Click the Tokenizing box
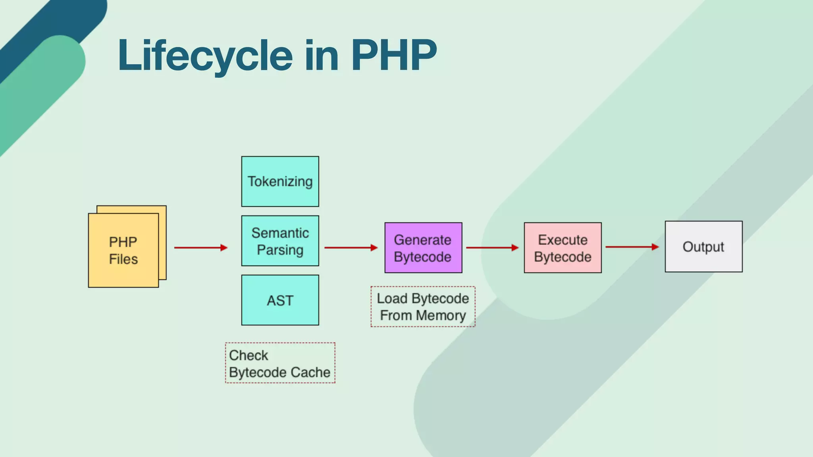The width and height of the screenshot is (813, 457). pos(280,181)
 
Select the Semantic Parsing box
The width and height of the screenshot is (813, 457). pos(280,241)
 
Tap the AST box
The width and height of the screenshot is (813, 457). pos(280,300)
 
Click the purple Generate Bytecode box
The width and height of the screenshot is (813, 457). pos(423,248)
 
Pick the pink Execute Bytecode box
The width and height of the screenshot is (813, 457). pos(563,248)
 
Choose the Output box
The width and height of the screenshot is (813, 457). pos(703,246)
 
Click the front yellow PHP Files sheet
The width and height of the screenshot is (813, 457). pos(123,250)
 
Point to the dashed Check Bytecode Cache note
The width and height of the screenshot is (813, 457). pos(280,363)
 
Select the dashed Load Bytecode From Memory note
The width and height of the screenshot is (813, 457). pos(423,307)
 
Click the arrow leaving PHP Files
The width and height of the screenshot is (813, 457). pos(200,248)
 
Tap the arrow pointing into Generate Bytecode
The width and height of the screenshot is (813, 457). pos(351,248)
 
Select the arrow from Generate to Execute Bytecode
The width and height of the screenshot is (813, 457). pos(492,248)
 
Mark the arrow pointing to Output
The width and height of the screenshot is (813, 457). pos(632,247)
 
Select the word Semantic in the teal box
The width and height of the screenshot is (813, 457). pos(280,233)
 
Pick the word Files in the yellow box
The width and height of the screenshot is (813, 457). pos(123,259)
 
